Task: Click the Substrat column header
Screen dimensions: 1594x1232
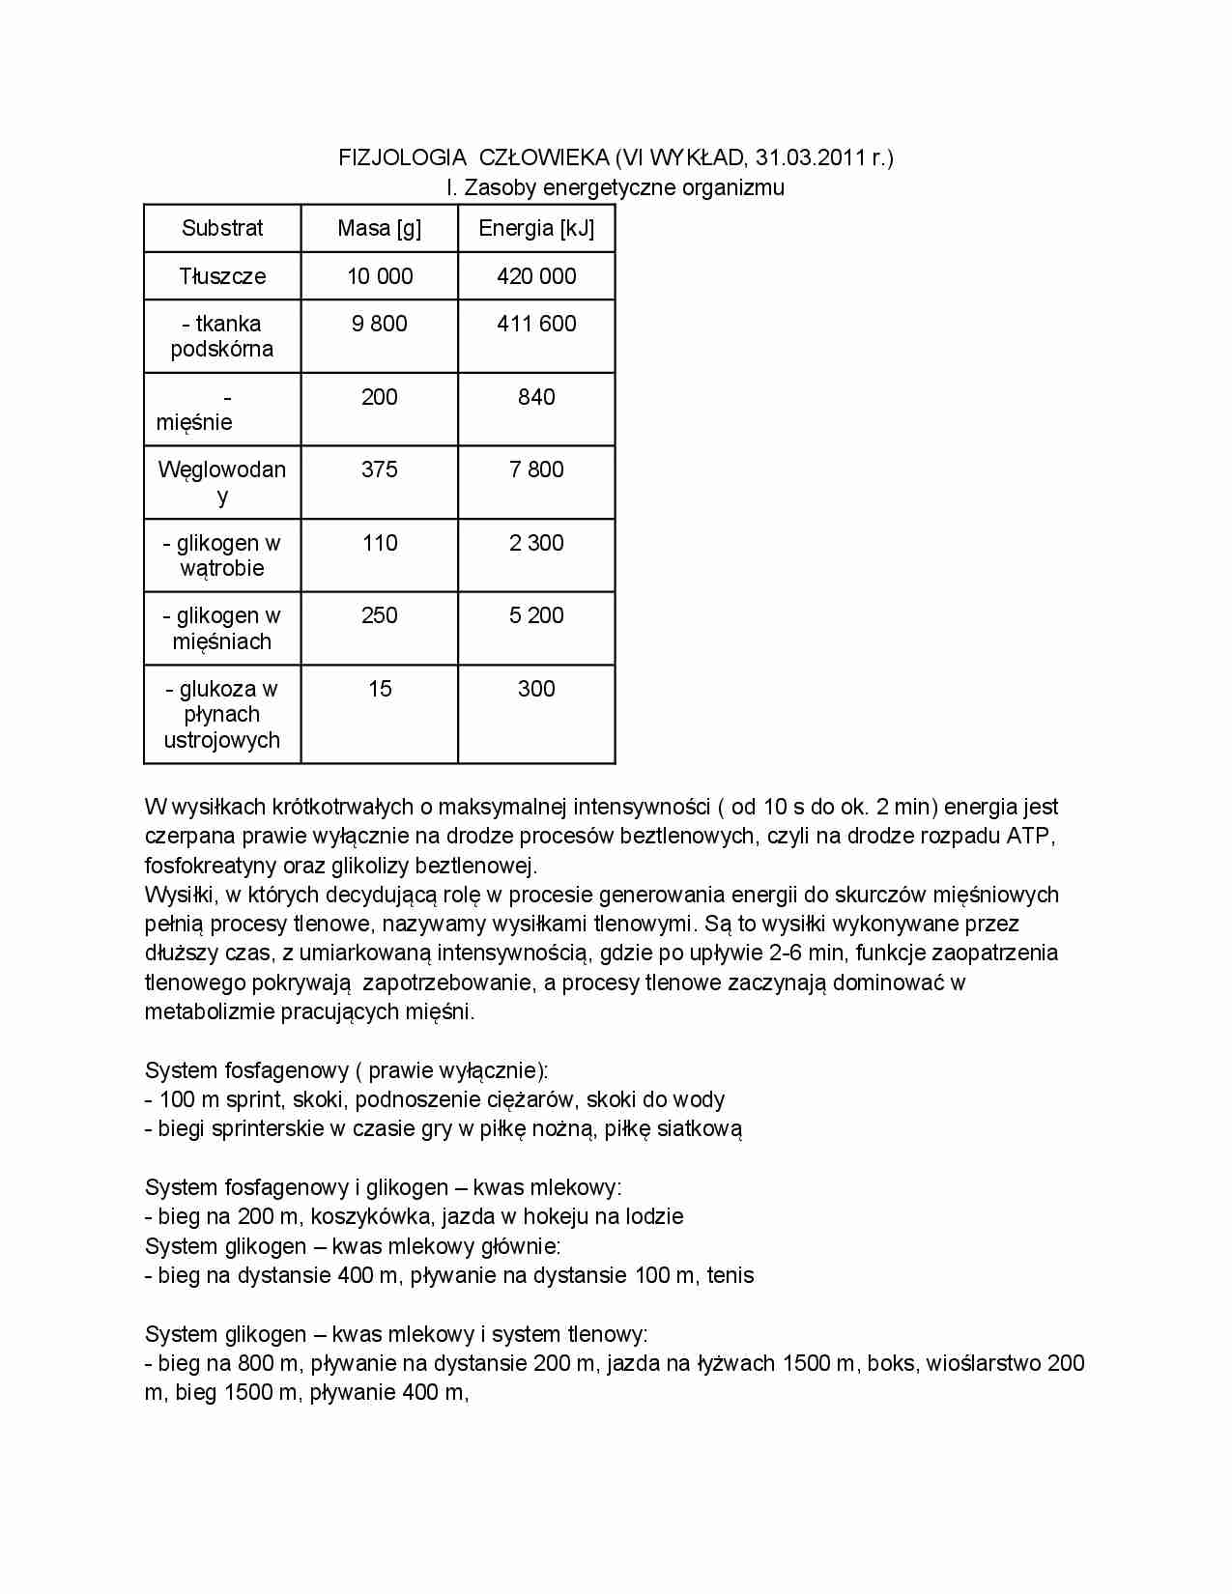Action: [x=222, y=229]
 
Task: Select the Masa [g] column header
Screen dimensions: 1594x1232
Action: [x=379, y=229]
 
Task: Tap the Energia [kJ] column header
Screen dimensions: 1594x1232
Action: [x=536, y=229]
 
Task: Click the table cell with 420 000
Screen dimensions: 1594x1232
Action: [x=536, y=276]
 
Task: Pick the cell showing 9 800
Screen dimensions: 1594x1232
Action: [x=379, y=324]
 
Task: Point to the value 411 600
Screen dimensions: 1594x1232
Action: [x=536, y=324]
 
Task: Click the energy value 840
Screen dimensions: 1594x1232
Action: [x=536, y=397]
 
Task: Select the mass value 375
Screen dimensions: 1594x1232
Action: [x=379, y=470]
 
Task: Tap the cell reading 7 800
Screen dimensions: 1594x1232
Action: [x=536, y=470]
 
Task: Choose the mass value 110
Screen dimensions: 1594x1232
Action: [x=379, y=543]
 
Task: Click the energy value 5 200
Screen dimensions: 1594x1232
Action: [x=536, y=615]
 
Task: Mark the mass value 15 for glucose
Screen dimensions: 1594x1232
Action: [x=379, y=689]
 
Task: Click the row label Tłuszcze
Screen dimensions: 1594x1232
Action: [x=222, y=276]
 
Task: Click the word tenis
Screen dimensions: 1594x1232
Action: [x=731, y=1275]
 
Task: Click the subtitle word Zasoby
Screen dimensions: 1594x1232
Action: [x=501, y=187]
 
